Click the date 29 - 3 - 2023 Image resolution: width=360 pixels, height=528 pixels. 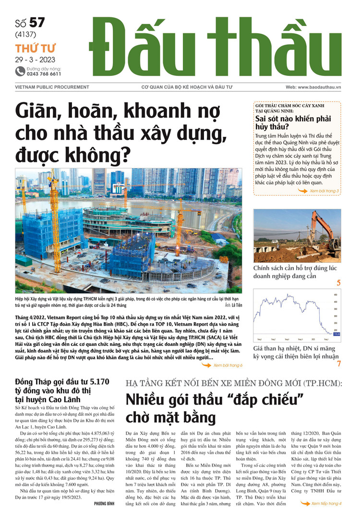(x=35, y=60)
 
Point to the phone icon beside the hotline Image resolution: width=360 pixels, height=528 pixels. (x=20, y=71)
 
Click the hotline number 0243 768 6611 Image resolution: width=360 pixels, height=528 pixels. (x=44, y=74)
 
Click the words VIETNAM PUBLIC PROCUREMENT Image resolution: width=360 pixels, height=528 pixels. (x=47, y=87)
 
